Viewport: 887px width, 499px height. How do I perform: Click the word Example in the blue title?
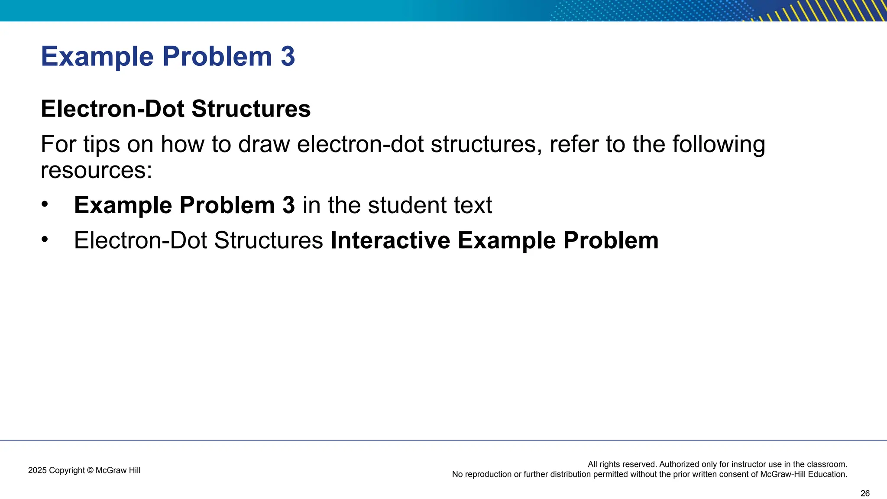[x=97, y=57]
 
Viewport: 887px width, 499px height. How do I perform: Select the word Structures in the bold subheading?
[x=251, y=109]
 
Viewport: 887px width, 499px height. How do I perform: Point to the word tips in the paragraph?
[x=101, y=144]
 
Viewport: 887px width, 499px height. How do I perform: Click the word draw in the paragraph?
[x=264, y=144]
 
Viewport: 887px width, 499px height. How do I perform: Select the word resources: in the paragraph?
[x=96, y=170]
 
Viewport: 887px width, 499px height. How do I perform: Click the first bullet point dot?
[x=45, y=204]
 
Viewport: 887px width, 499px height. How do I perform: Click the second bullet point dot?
[x=45, y=240]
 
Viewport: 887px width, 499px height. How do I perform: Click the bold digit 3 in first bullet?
[x=288, y=205]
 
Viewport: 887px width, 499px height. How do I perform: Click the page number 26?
[x=865, y=493]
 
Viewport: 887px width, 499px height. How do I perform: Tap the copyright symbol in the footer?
[x=90, y=470]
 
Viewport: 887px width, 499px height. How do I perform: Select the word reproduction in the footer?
[x=488, y=474]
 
